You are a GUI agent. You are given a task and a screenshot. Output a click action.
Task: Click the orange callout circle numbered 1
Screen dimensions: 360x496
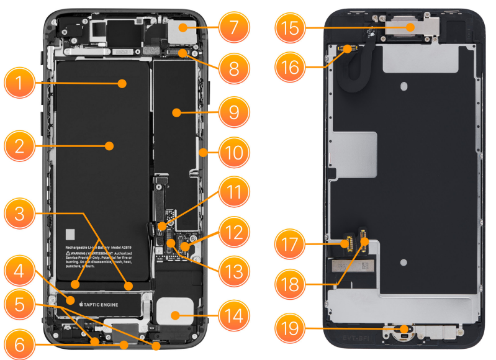[x=19, y=84]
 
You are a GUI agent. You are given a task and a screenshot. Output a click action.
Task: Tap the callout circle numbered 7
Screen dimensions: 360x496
[x=233, y=28]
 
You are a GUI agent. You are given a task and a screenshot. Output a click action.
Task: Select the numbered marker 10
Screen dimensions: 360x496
[x=233, y=151]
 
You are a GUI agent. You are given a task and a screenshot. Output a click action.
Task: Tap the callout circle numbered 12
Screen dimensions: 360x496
[x=233, y=233]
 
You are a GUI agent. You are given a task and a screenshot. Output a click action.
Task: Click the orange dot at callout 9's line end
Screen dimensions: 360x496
[x=177, y=112]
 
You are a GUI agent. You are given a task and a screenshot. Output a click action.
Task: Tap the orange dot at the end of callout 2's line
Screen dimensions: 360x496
[x=110, y=146]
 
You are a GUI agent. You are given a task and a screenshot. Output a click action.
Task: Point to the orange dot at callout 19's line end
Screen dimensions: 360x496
[x=407, y=329]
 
